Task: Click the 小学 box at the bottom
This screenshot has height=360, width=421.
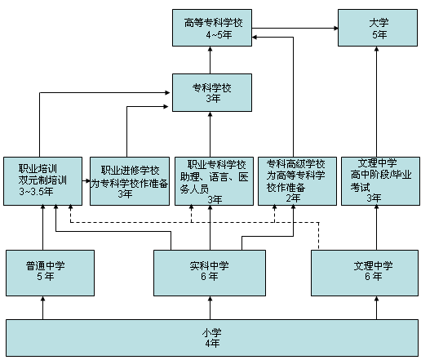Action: click(x=212, y=338)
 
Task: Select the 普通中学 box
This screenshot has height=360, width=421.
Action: click(x=50, y=273)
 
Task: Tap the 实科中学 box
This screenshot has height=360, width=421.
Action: click(x=210, y=273)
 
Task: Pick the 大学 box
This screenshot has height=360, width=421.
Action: click(x=378, y=28)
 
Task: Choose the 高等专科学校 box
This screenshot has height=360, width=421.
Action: click(x=212, y=28)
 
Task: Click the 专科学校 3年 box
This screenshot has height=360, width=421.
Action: click(x=212, y=92)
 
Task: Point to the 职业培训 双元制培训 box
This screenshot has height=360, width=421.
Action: click(x=42, y=181)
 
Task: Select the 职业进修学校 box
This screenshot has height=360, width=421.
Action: click(x=130, y=181)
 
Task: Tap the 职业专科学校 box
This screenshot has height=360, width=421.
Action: click(x=214, y=181)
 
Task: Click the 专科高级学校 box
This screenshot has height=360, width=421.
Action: click(x=297, y=181)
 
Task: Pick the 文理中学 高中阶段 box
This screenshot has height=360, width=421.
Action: click(x=380, y=181)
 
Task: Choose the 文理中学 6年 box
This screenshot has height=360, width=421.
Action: click(x=365, y=273)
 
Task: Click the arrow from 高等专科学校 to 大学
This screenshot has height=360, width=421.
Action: click(x=295, y=28)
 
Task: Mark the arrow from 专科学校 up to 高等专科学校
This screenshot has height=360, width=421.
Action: click(x=210, y=60)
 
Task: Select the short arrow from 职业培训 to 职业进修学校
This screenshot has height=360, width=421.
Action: click(x=86, y=181)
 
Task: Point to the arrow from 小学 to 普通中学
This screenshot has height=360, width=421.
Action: click(x=42, y=308)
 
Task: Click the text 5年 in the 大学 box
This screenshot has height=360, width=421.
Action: click(x=379, y=35)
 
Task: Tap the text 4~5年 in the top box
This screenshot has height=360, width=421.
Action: click(x=219, y=35)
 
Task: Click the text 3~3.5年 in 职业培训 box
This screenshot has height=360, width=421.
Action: click(x=36, y=192)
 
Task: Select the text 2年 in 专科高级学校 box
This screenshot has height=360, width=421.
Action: click(x=293, y=198)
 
